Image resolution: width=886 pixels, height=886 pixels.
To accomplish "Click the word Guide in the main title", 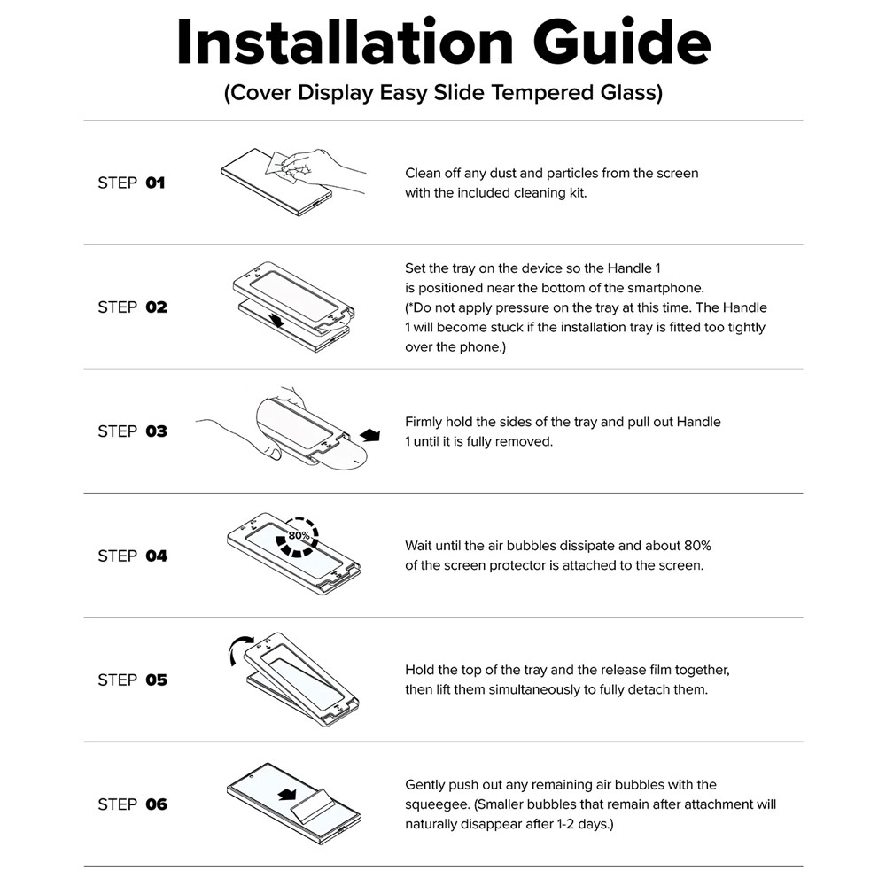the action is (x=622, y=43).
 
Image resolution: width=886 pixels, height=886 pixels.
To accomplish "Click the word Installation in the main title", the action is (x=346, y=43).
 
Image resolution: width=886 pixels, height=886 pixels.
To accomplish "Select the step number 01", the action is (x=155, y=183).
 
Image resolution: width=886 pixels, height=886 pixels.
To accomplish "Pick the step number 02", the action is (x=157, y=307).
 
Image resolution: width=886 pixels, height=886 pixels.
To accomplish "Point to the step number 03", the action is (x=157, y=431).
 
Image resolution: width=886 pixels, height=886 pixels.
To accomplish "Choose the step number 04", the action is (x=157, y=556).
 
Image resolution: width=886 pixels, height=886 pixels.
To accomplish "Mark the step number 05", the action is (x=157, y=680).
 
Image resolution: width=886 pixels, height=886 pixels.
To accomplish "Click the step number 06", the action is (x=157, y=804).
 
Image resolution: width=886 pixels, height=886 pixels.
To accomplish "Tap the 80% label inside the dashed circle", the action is (x=299, y=535).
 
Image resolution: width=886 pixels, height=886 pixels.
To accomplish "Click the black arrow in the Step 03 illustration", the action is (x=370, y=435).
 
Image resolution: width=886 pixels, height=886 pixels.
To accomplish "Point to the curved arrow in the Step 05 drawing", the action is (x=239, y=648).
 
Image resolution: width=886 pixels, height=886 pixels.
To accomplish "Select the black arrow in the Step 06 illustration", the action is (x=288, y=795).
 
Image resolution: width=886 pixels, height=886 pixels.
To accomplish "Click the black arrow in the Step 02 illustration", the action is (x=276, y=321).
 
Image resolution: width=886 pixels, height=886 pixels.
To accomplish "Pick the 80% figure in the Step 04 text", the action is (x=697, y=546).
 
